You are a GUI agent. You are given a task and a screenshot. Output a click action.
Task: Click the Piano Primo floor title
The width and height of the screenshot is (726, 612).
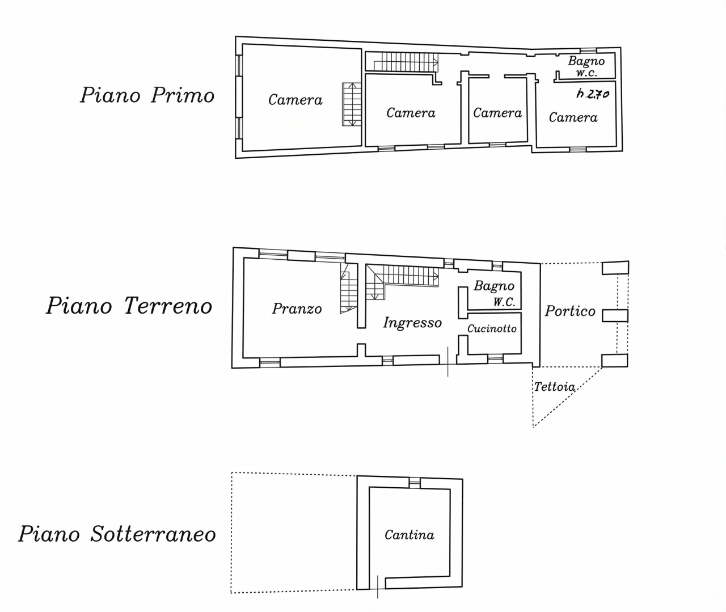[147, 95]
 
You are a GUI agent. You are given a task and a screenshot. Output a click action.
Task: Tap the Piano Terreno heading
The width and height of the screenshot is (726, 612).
[129, 306]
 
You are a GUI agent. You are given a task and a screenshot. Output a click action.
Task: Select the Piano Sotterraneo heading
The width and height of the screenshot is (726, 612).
[117, 534]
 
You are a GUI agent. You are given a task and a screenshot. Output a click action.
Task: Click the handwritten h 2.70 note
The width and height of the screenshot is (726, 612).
[593, 94]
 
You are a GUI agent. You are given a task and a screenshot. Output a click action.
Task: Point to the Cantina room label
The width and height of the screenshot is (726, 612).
[410, 535]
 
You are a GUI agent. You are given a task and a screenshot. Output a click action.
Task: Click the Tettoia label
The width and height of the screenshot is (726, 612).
[554, 387]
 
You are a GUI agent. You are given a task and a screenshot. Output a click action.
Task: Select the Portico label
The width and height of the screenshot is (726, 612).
[570, 311]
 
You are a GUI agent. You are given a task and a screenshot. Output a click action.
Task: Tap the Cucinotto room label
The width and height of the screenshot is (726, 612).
[492, 328]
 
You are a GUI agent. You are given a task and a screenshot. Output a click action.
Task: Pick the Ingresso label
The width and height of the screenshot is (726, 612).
[412, 323]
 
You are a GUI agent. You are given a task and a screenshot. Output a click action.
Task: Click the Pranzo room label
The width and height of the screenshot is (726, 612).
[297, 309]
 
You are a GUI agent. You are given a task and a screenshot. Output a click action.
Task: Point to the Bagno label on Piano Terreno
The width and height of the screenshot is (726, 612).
[493, 286]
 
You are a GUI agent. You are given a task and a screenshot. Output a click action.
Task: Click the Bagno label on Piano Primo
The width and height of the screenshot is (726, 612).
[586, 61]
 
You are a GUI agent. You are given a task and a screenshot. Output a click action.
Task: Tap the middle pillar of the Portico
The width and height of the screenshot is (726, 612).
[615, 316]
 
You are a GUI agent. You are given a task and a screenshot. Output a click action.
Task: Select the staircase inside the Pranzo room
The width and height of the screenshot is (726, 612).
[348, 288]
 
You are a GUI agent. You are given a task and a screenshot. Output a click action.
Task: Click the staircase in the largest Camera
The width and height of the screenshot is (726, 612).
[352, 104]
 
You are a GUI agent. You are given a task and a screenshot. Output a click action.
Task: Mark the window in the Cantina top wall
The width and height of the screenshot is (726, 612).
[415, 483]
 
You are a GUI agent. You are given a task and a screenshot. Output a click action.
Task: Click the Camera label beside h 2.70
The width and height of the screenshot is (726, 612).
[573, 117]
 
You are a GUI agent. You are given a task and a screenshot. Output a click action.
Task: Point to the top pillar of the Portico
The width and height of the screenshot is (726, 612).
[615, 268]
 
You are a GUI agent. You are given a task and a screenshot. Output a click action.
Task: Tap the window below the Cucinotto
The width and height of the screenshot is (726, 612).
[495, 358]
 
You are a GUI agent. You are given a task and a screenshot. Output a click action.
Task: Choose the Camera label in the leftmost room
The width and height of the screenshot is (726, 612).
[295, 100]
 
